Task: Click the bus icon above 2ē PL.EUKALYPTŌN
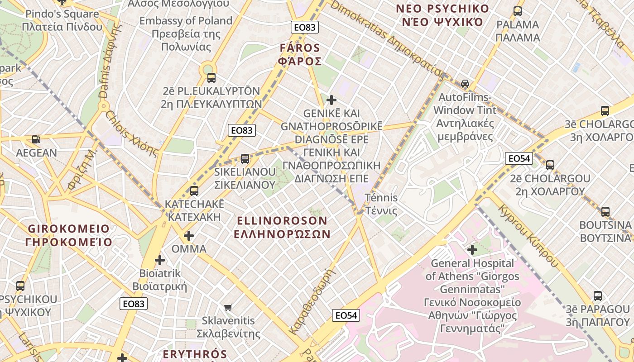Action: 211,77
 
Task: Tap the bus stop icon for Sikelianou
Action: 245,158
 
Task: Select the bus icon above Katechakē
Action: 194,191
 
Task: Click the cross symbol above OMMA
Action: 189,236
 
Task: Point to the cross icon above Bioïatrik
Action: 159,260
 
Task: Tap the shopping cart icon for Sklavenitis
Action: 228,307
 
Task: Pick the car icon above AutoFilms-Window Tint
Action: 465,84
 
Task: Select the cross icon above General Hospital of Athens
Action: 472,249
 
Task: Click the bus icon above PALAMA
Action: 518,11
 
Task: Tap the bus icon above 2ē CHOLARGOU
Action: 550,165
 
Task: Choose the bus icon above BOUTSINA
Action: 605,211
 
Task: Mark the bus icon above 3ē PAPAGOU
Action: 598,296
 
